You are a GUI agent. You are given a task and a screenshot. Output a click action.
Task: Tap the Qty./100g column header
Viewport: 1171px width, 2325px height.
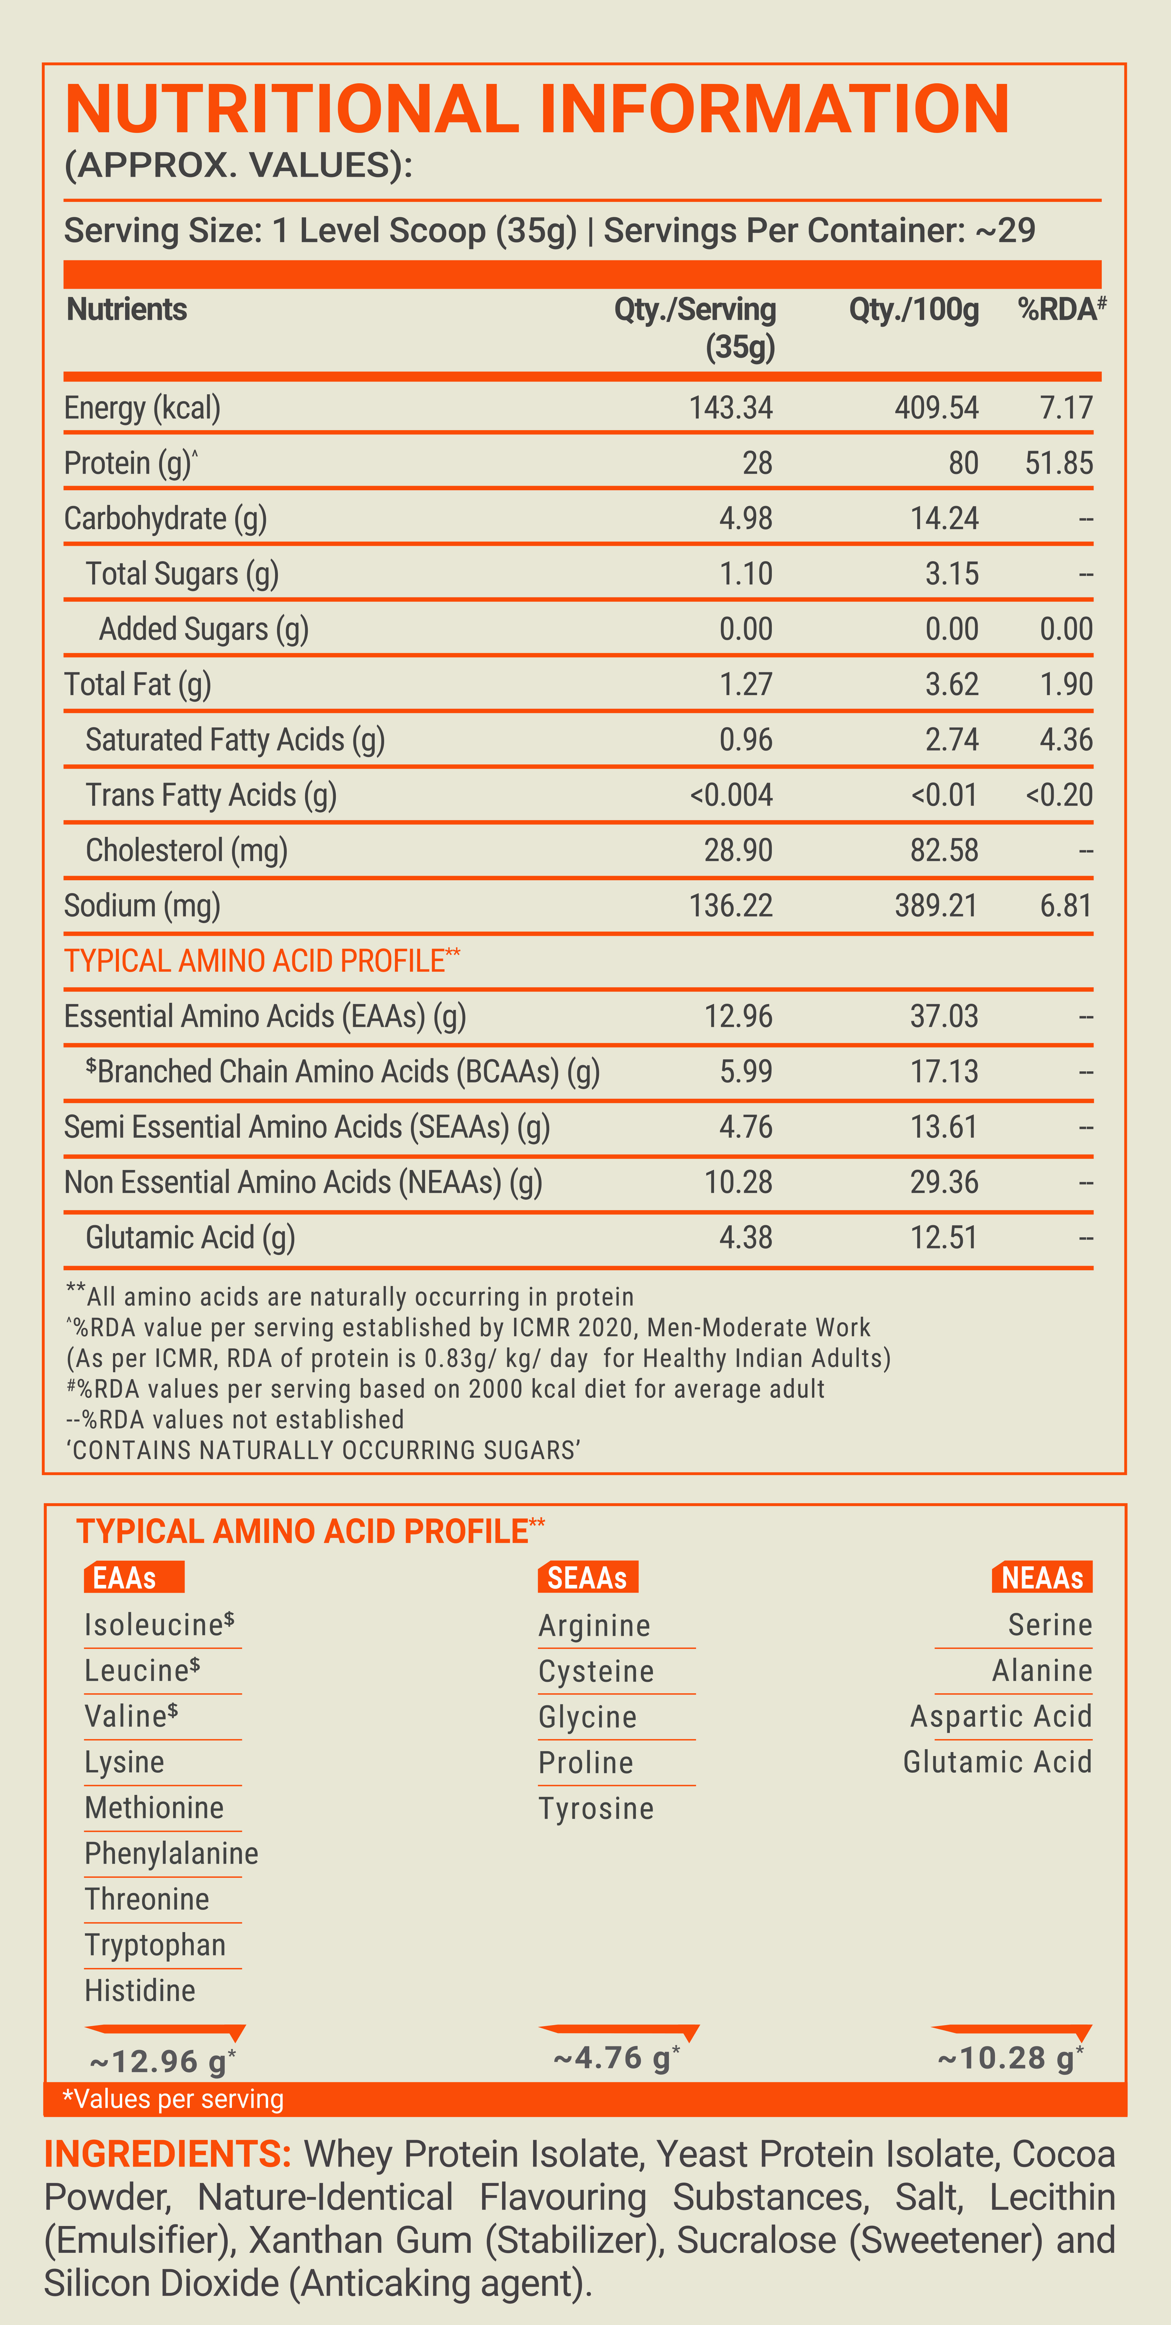[x=914, y=310]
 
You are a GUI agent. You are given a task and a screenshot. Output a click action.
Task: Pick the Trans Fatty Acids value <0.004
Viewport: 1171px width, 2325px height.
[x=730, y=795]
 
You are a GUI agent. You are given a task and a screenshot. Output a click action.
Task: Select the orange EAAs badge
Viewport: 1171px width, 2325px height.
[x=134, y=1577]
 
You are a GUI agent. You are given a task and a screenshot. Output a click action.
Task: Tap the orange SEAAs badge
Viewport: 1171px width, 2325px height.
[x=588, y=1577]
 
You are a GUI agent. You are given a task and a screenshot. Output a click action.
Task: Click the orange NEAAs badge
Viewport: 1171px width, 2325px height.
[x=1042, y=1577]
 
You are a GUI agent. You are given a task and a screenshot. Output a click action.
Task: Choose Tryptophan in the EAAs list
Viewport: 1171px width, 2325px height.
[x=155, y=1945]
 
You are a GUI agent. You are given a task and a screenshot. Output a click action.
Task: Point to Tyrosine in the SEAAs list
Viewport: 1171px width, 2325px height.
[x=596, y=1809]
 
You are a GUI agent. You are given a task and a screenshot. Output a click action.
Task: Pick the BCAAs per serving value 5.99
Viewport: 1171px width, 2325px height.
[x=746, y=1071]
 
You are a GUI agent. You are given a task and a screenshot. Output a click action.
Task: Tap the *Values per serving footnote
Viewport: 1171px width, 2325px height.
[x=172, y=2099]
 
